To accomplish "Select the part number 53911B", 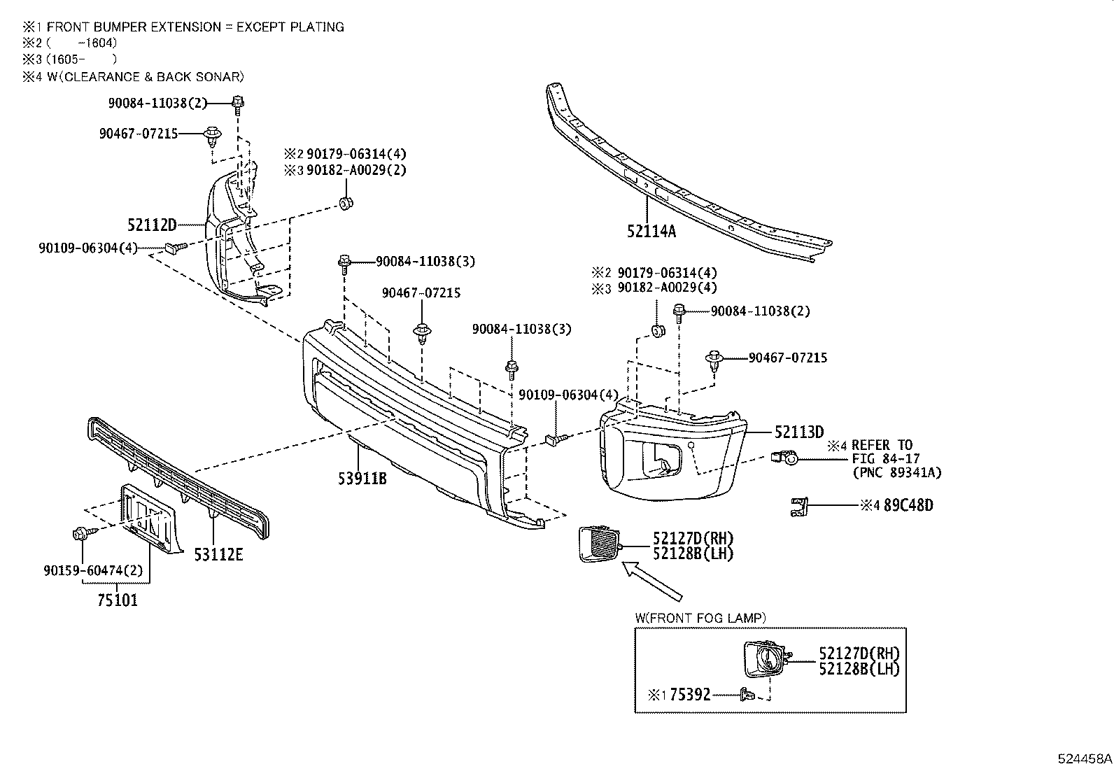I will tap(360, 478).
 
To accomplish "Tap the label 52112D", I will tap(151, 225).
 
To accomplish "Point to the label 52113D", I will tap(798, 432).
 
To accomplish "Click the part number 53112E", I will tap(218, 555).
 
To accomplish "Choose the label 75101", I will tap(117, 600).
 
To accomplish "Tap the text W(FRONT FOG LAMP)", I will tap(700, 618).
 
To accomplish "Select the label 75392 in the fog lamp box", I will tap(690, 695).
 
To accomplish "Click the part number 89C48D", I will tap(908, 505).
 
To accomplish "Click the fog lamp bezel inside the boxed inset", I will tap(765, 658).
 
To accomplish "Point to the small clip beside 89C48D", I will tap(798, 506).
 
